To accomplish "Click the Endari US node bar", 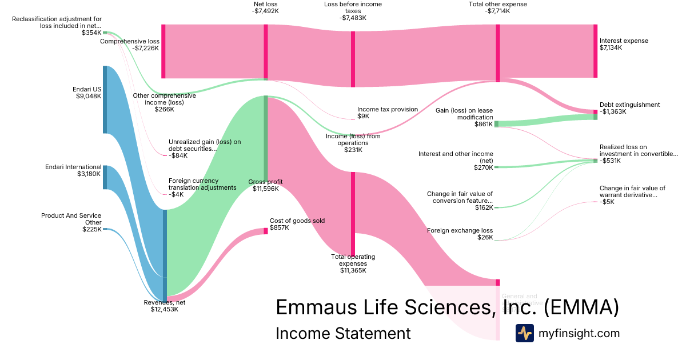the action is pos(105,99).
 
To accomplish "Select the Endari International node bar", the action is pos(105,177).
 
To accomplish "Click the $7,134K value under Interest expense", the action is pos(611,48).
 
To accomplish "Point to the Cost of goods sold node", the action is pos(265,231).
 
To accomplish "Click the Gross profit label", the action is pos(265,182).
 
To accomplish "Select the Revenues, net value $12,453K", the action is pos(164,310).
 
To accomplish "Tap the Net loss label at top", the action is pos(265,4).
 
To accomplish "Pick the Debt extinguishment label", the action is pos(629,105).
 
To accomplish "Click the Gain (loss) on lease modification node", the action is pos(496,124).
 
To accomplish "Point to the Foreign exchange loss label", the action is pos(460,231).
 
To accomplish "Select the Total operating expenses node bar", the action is pos(353,214).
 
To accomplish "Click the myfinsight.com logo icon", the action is pos(524,333).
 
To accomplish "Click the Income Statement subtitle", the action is pos(343,333).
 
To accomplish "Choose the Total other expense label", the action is pos(497,4).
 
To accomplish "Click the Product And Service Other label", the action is pos(71,219).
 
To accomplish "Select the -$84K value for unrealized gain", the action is pos(178,155).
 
